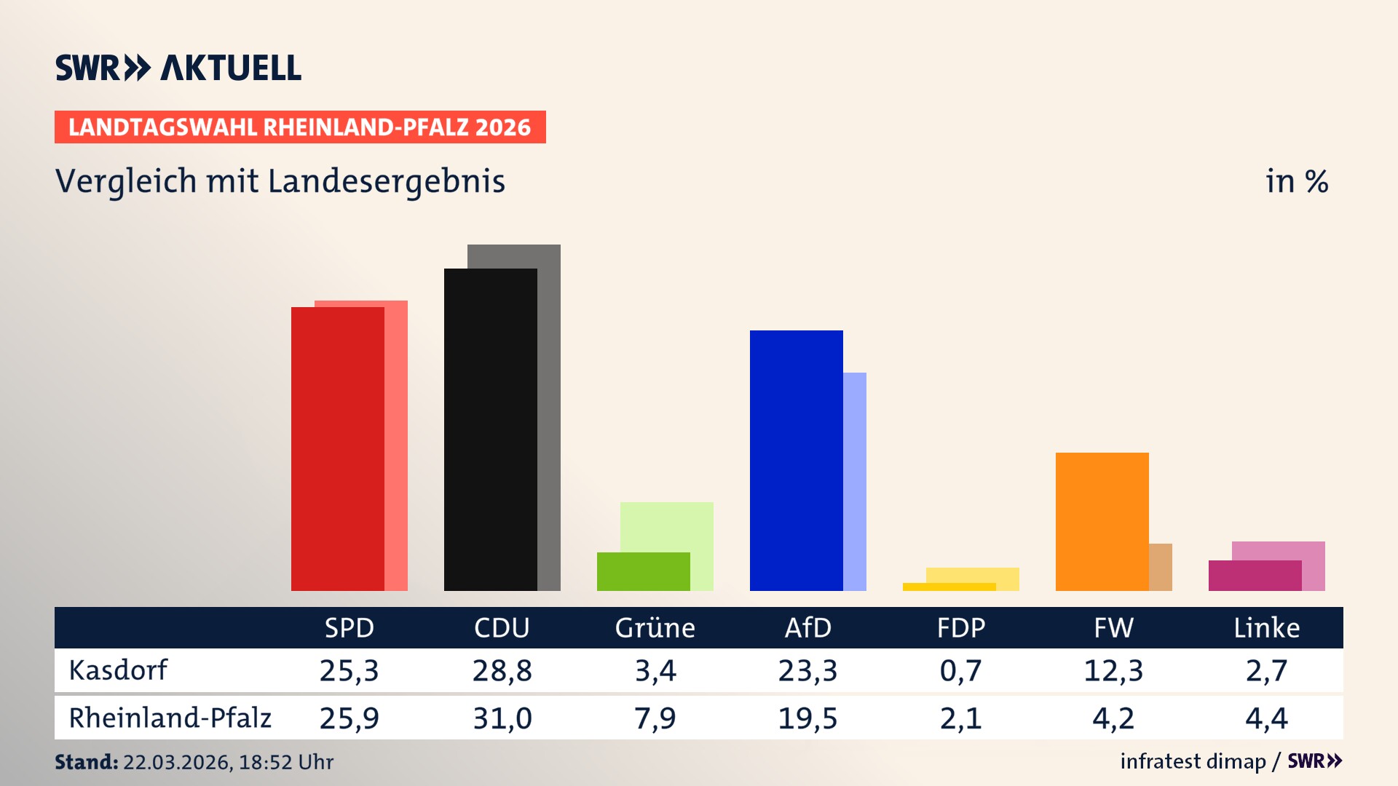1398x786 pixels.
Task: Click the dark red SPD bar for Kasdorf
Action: pos(337,448)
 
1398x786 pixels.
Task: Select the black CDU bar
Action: pos(490,429)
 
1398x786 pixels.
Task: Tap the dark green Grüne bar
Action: pos(643,571)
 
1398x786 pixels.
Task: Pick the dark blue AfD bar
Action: pos(796,460)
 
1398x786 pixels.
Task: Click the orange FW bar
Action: pos(1102,521)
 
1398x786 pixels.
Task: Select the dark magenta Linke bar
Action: pos(1255,576)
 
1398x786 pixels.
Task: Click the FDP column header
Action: pos(960,628)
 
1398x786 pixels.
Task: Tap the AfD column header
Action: pos(807,628)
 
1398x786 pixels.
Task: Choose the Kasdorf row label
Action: pos(118,670)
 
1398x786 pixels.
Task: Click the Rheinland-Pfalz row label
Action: pos(170,718)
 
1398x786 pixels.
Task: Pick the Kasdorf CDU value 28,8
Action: pos(502,670)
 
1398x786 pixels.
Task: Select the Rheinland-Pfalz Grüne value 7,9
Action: pos(655,718)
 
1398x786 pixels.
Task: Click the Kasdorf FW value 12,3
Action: pos(1113,670)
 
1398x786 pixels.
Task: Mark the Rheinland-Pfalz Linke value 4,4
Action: pos(1266,718)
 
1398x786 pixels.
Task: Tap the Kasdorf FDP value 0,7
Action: pos(960,670)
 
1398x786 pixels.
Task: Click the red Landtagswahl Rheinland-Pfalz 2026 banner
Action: pos(300,127)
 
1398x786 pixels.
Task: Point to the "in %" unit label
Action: pos(1296,181)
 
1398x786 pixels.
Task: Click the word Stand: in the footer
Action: pos(86,762)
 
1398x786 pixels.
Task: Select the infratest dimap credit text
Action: pos(1193,761)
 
